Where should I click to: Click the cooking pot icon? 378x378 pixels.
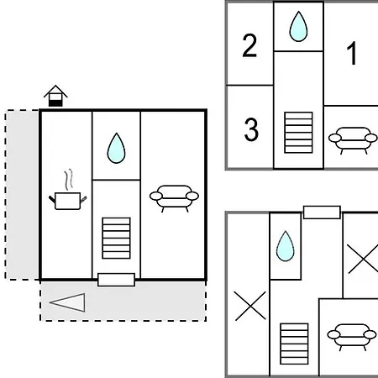pos(68,201)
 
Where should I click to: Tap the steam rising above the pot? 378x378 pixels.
pos(69,179)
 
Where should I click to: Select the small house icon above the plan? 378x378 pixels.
pos(55,96)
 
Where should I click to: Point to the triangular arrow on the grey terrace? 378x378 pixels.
pos(67,302)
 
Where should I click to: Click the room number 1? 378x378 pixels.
pos(351,53)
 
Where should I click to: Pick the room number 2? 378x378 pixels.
pos(249,45)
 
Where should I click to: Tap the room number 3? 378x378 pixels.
pos(251,129)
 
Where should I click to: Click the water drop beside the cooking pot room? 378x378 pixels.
pos(116,148)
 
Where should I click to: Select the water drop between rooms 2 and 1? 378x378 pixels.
pos(298,27)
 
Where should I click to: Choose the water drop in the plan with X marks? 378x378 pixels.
pos(286,246)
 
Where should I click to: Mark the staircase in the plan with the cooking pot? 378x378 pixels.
pos(116,238)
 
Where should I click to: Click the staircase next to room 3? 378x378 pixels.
pos(298,133)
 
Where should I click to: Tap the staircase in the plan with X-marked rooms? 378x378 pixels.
pos(294,344)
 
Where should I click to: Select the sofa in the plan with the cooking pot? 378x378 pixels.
pos(174,198)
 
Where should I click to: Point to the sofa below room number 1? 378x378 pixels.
pos(353,140)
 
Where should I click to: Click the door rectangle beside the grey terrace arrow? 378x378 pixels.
pos(116,280)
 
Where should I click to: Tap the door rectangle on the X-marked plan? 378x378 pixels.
pos(322,213)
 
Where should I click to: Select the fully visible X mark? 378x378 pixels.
pos(250,306)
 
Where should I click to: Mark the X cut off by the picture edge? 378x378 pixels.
pos(363,259)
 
